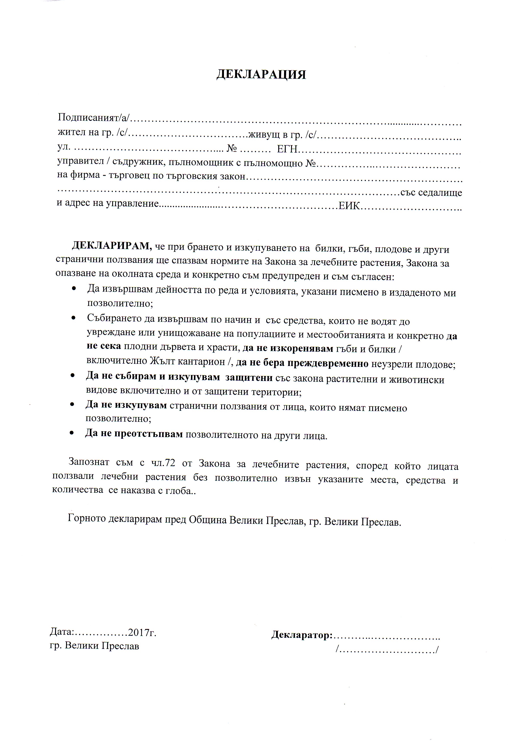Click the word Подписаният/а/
point(93,117)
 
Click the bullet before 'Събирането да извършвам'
point(74,318)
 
